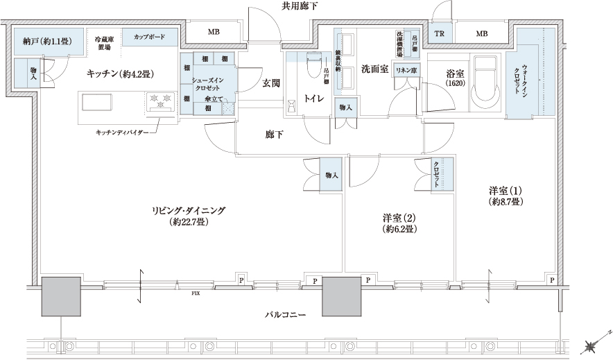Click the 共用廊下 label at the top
tap(300, 6)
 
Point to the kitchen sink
tap(98, 102)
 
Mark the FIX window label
tap(196, 293)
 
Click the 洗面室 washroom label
tap(374, 69)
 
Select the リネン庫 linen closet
tap(406, 71)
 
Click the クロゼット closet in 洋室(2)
tap(436, 173)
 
